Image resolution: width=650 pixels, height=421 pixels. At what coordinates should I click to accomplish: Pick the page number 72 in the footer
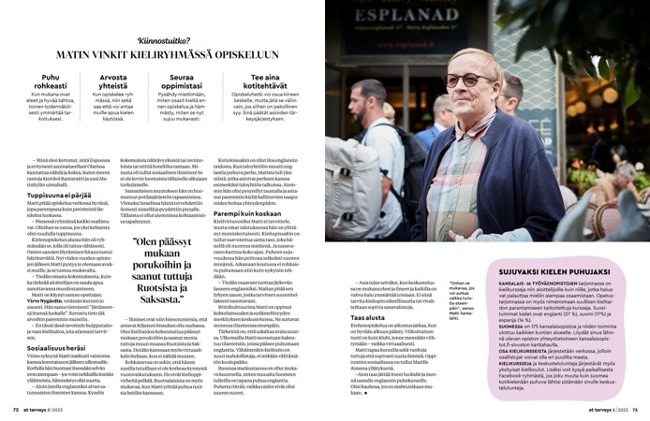[x=15, y=410]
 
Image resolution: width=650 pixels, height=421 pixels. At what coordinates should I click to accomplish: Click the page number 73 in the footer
[x=634, y=410]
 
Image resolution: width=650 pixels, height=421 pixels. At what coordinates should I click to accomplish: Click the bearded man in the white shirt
[x=370, y=150]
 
